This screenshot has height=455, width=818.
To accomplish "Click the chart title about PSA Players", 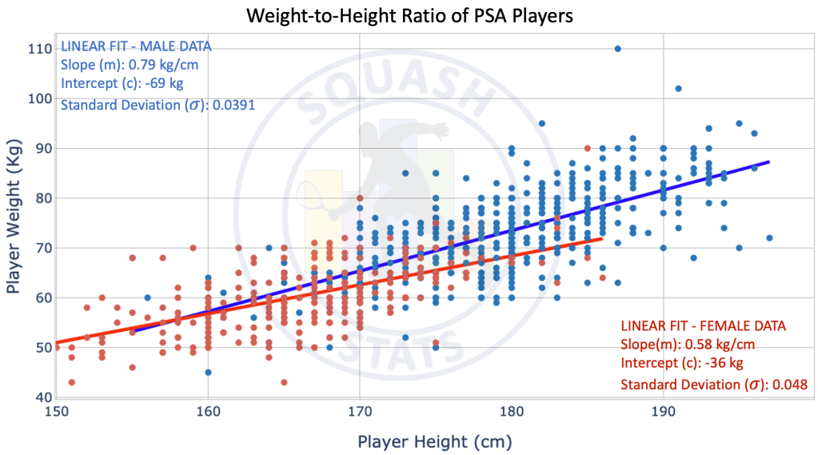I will (x=409, y=15).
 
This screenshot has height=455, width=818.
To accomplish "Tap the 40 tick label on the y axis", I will (x=38, y=397).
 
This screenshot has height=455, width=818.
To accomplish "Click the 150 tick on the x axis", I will (x=56, y=412).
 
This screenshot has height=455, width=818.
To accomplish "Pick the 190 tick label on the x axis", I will (x=663, y=412).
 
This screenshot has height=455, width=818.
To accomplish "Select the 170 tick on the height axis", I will (x=360, y=412).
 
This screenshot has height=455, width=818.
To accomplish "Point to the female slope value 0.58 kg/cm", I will (x=716, y=345).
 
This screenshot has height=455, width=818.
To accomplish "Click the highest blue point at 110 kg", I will (x=617, y=49).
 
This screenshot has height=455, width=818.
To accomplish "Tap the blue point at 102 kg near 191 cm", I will (x=678, y=89).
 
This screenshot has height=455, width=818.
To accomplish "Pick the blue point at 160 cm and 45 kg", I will (x=208, y=372).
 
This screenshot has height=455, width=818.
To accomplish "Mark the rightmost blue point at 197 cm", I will (x=769, y=238).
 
